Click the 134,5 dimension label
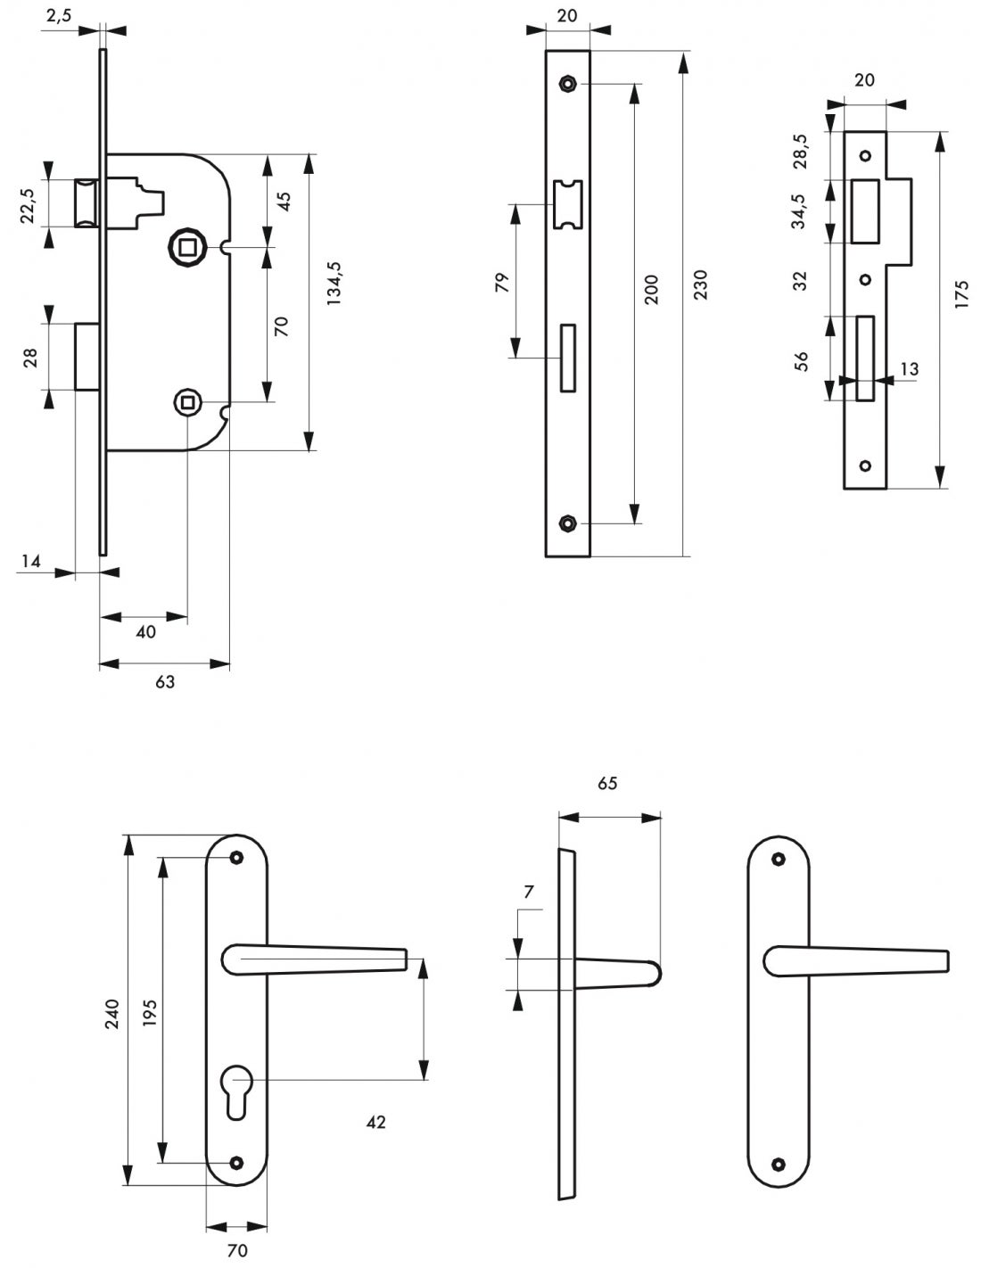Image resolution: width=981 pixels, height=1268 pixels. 335,284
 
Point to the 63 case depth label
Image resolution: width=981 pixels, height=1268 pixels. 165,682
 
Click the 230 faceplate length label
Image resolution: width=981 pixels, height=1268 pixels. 700,284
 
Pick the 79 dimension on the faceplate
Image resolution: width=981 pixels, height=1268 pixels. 501,283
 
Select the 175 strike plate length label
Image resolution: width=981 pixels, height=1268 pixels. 960,294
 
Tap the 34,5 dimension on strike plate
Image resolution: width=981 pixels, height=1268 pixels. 799,211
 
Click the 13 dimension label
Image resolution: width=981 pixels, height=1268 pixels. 909,368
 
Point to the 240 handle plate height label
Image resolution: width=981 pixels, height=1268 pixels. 112,1014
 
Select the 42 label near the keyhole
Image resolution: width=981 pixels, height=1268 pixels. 376,1122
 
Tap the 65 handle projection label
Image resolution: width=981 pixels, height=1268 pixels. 607,783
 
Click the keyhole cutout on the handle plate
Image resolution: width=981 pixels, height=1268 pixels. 236,1090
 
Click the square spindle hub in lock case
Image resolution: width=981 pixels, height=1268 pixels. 187,243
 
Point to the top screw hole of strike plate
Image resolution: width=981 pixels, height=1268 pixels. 864,156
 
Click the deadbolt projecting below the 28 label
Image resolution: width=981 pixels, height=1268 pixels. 87,357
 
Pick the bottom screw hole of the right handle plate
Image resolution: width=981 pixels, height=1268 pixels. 779,1163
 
